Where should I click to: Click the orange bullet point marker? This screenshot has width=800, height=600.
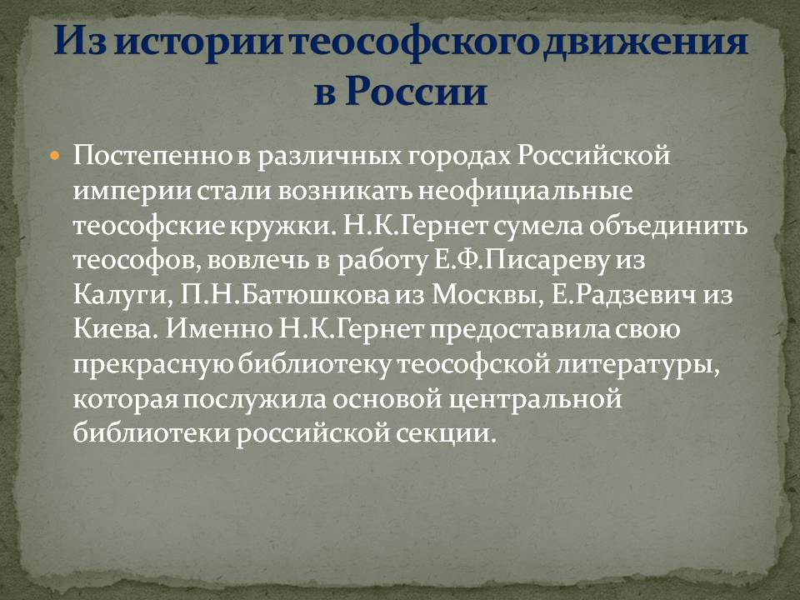click(56, 155)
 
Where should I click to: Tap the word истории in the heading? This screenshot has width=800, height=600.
click(199, 42)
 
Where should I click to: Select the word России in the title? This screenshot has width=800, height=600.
click(417, 92)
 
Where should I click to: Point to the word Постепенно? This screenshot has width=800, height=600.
click(153, 155)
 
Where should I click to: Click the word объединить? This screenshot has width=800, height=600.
click(668, 226)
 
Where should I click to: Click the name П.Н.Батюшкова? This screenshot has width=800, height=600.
click(285, 295)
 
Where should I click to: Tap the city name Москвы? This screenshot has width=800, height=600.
click(487, 295)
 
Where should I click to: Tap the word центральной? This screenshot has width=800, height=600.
click(535, 399)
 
